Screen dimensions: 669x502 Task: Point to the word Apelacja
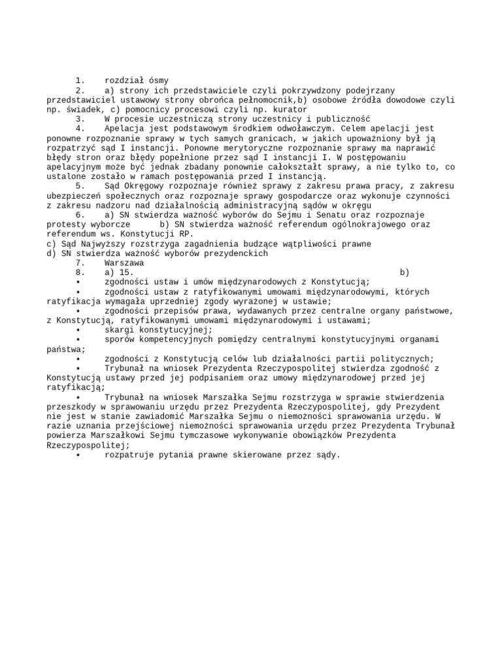point(124,129)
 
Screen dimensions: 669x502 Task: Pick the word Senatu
point(326,215)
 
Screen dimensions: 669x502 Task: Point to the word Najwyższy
point(98,244)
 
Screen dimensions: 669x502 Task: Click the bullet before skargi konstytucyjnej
point(78,330)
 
